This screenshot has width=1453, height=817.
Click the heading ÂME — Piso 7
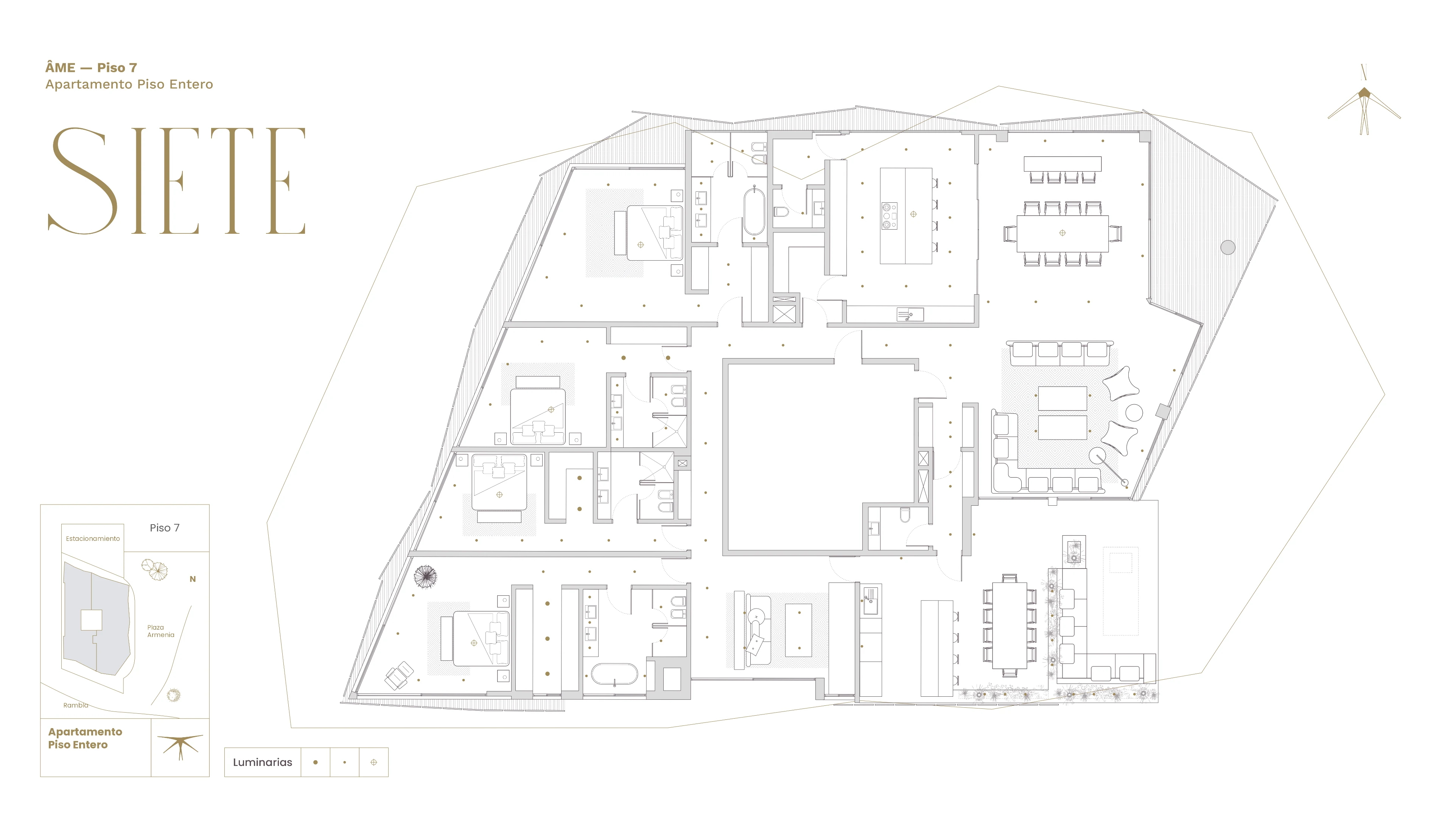pos(91,68)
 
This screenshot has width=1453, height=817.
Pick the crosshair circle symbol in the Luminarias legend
pos(373,762)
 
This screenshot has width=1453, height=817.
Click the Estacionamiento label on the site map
pos(93,539)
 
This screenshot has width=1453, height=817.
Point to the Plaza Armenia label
pos(161,631)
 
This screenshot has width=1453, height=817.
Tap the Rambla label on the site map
pos(76,705)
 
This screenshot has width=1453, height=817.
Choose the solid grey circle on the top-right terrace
pos(1228,247)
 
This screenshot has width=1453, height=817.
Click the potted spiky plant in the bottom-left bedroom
pos(425,577)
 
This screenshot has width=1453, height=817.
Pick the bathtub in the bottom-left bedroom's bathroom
pos(614,674)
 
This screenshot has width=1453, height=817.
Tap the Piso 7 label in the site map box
pos(165,528)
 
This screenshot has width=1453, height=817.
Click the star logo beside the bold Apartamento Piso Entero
pos(180,746)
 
